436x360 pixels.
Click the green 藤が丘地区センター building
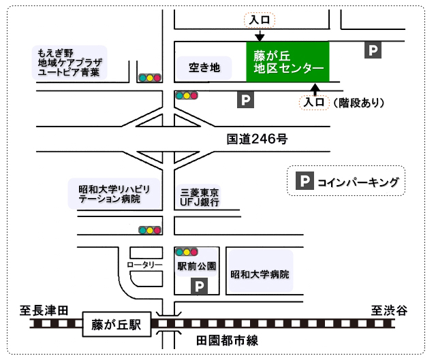click(x=287, y=61)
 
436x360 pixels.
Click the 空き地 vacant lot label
click(x=205, y=67)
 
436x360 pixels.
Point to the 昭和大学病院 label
click(x=260, y=275)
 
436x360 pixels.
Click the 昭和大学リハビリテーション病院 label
click(x=114, y=193)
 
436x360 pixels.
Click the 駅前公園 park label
click(x=196, y=266)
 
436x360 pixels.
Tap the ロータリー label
click(x=145, y=264)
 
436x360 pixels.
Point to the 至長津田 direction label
click(x=43, y=310)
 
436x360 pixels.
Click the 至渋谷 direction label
click(x=389, y=310)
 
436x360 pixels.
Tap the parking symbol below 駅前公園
click(x=198, y=286)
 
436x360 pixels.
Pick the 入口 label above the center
click(x=260, y=20)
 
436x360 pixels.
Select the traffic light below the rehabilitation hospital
click(x=150, y=231)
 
